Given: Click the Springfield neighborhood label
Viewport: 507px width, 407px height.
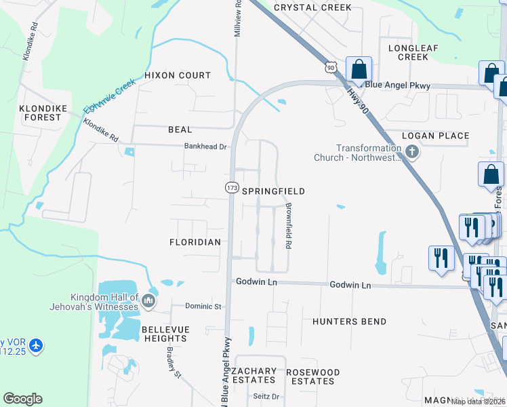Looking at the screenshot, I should click(x=274, y=192).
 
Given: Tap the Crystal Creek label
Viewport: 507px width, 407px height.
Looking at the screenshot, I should click(x=312, y=7).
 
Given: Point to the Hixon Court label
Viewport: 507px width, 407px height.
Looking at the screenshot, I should click(x=178, y=75).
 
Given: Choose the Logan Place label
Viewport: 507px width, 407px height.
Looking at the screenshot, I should click(x=435, y=136).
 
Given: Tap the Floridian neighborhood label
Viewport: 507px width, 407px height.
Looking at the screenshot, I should click(x=195, y=241).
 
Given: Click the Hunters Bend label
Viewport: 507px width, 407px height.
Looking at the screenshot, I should click(x=350, y=322).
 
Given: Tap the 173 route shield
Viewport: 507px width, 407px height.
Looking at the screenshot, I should click(x=232, y=187).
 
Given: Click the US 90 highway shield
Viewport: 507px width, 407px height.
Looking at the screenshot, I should click(x=330, y=66).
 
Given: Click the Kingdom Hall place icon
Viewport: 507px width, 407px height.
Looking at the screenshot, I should click(x=149, y=299).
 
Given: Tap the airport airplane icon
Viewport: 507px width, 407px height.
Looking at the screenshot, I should click(x=35, y=346).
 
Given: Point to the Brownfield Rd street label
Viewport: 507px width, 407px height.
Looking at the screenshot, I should click(x=288, y=225).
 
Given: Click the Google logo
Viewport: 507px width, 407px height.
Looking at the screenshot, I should click(x=22, y=399).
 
